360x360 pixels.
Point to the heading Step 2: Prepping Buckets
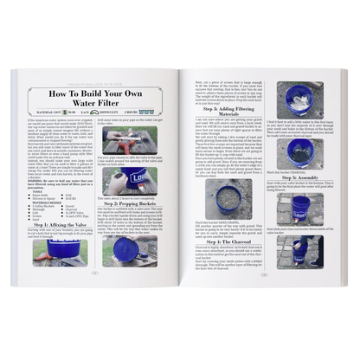138,204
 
